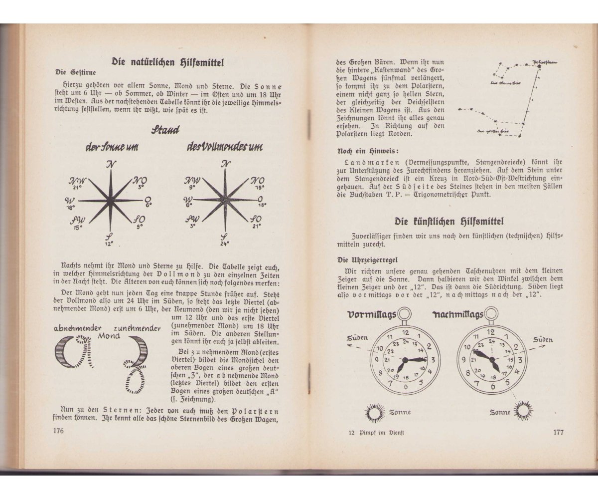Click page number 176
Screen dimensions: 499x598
(61, 431)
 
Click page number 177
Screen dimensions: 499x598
(558, 432)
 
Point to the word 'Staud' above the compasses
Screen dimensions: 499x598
(165, 130)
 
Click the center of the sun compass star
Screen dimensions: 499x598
(109, 201)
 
